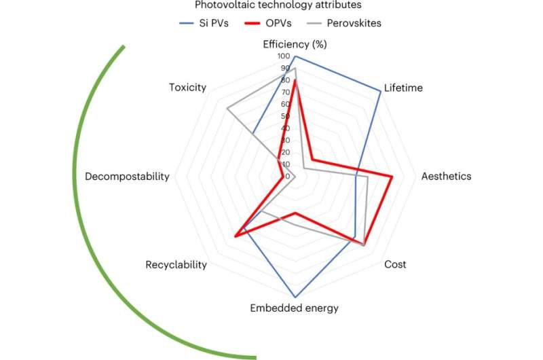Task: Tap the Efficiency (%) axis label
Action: (295, 45)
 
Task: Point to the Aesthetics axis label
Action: (446, 176)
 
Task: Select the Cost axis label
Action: (395, 264)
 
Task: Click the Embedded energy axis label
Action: (294, 308)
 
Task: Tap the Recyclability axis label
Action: (176, 264)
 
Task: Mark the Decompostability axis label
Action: (127, 177)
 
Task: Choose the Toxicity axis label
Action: (188, 88)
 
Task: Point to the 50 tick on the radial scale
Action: (285, 116)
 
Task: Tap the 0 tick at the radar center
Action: (288, 177)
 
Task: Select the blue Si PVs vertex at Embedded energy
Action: (295, 298)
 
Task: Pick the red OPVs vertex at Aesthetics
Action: (392, 177)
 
